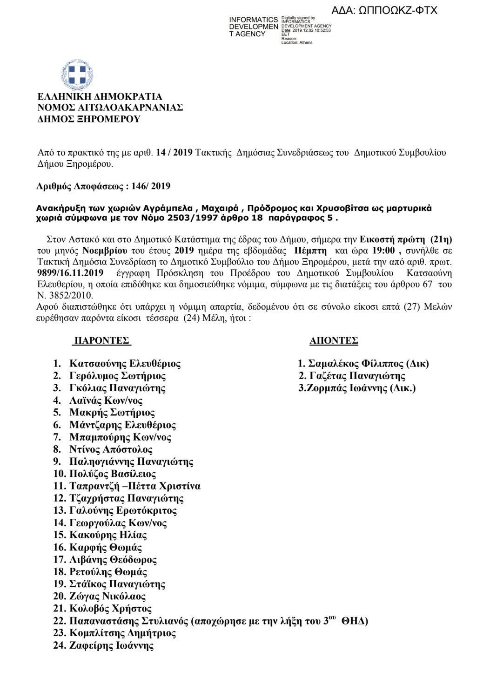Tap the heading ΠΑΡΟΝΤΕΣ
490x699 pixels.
point(101,340)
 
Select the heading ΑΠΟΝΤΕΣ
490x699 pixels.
point(334,340)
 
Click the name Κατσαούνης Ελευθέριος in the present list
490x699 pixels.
point(125,363)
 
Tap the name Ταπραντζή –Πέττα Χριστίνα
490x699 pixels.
point(135,486)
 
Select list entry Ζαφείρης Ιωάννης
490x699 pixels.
point(112,645)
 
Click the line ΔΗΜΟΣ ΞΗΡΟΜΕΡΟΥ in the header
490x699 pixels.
point(89,119)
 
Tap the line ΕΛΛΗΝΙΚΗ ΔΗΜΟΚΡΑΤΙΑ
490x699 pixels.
point(100,97)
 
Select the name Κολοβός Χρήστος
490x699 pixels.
point(111,608)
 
